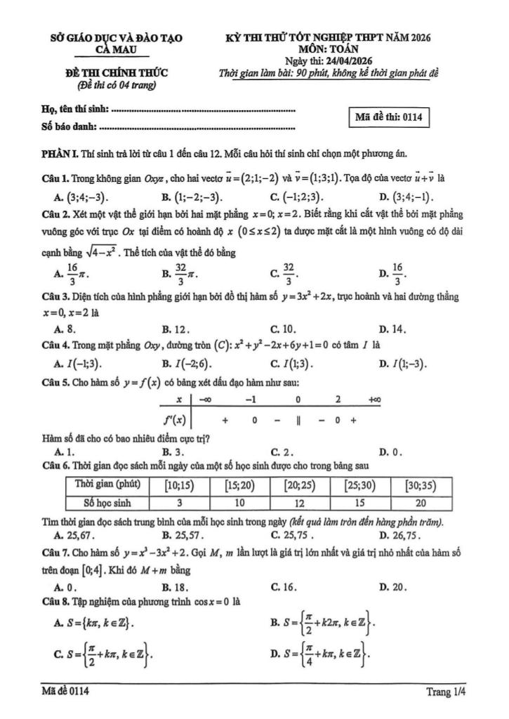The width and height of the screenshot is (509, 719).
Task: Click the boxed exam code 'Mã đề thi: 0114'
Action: point(388,117)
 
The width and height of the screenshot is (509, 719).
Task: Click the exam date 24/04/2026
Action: point(341,61)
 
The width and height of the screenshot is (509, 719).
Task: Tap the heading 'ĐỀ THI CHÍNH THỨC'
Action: point(116,72)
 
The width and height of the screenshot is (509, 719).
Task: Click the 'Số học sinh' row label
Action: point(107,503)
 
